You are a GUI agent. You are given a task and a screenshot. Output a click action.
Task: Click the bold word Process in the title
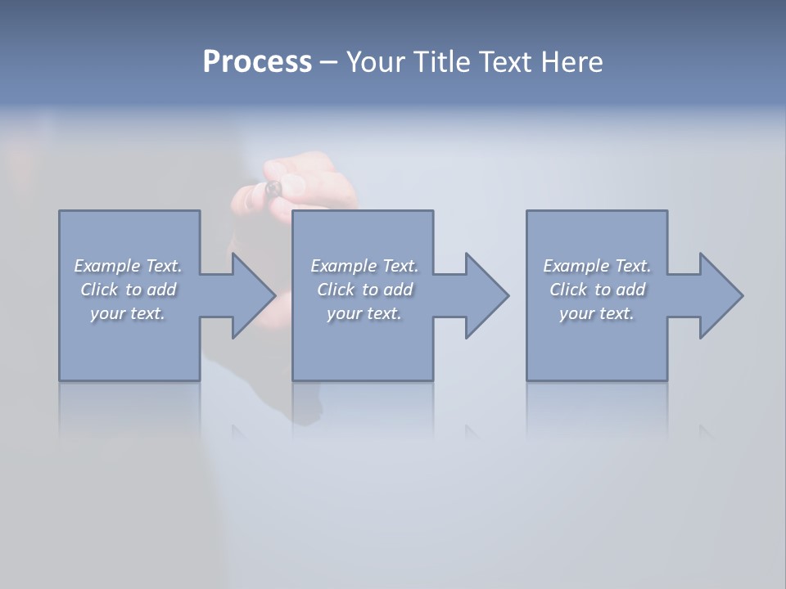257,62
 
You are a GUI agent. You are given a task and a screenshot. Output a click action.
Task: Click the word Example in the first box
106,266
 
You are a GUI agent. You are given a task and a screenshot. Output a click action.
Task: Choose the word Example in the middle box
343,266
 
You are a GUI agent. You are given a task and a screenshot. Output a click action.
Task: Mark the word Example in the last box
576,266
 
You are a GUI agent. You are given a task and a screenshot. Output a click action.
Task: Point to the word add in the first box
161,290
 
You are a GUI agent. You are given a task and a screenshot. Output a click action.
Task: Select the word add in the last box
630,290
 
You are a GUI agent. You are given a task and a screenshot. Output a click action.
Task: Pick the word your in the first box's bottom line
108,314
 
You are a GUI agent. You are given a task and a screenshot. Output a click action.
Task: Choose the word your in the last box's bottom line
577,314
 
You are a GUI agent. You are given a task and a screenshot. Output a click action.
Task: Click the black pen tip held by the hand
273,189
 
